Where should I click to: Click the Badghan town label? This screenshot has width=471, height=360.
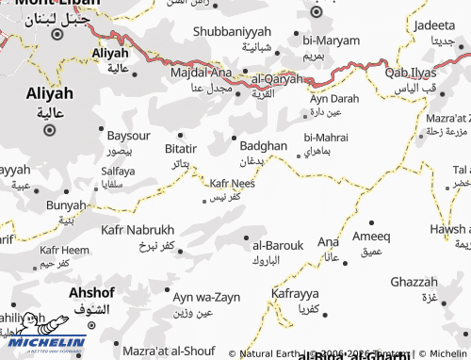[x=263, y=146]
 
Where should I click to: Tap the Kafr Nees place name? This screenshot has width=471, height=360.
[x=232, y=184]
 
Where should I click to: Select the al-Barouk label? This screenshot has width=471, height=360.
[x=278, y=245]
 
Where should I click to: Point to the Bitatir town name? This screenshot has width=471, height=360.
[x=180, y=149]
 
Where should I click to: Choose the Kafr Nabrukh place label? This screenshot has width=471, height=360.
[x=138, y=230]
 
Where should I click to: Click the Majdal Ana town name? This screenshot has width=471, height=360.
[x=201, y=73]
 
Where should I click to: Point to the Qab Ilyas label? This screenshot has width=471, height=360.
[x=411, y=72]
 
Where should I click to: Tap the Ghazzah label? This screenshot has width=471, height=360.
[x=414, y=282]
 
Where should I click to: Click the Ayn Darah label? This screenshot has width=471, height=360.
[x=334, y=98]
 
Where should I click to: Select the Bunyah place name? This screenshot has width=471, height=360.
[x=66, y=205]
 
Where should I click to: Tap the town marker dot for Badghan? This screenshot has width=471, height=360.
[x=234, y=137]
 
